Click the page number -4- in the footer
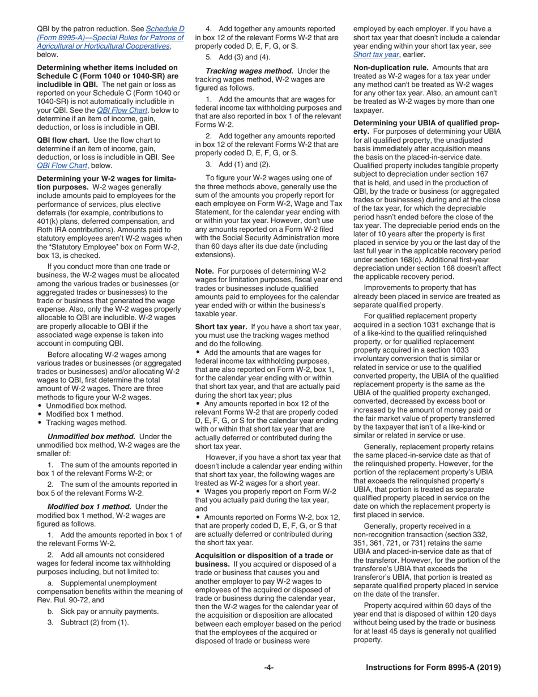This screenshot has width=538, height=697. click(x=269, y=668)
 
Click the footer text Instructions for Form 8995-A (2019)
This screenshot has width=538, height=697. click(x=433, y=668)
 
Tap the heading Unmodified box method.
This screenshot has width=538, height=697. click(x=91, y=436)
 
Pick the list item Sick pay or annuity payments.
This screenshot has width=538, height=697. click(x=106, y=611)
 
